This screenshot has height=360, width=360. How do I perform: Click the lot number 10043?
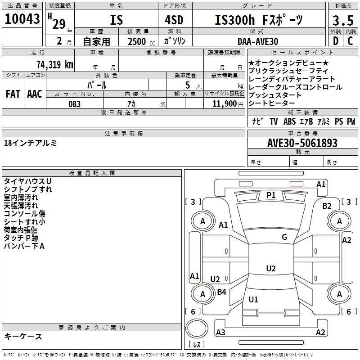22,19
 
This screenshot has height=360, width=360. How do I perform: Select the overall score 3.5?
343,20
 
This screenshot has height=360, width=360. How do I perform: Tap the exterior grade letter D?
336,41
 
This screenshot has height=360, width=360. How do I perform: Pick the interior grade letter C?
350,41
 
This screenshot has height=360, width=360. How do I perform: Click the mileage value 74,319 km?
55,64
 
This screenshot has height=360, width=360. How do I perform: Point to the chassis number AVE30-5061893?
302,143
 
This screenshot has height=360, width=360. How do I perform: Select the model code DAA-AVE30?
258,41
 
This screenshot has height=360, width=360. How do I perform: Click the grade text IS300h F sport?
259,20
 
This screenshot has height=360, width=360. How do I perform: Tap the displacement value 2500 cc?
141,41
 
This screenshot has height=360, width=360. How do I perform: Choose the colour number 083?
75,104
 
